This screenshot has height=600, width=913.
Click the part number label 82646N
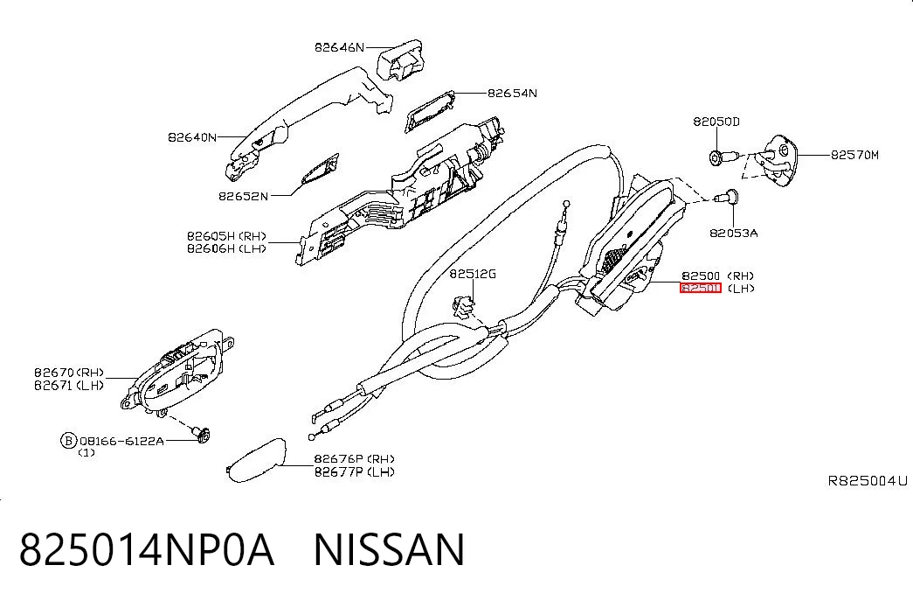click(x=340, y=47)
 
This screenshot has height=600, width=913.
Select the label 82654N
click(x=512, y=93)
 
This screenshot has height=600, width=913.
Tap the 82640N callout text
click(x=192, y=137)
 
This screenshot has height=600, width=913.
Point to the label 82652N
click(x=244, y=197)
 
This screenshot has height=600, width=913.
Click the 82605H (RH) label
click(x=226, y=236)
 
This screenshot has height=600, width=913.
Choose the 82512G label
click(x=473, y=274)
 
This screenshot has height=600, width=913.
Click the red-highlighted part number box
click(x=701, y=288)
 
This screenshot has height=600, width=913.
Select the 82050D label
click(x=716, y=122)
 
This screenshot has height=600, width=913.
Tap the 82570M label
click(x=854, y=155)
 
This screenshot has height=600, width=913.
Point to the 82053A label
click(x=734, y=234)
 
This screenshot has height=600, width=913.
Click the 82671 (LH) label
click(x=69, y=386)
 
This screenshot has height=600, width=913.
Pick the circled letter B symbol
click(x=69, y=440)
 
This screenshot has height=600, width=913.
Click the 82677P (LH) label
click(x=355, y=471)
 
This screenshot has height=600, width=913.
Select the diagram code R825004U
click(x=868, y=481)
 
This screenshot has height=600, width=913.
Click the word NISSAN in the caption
click(x=389, y=550)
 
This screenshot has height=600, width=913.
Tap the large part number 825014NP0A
click(x=147, y=550)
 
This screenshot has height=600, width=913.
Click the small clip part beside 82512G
click(x=463, y=306)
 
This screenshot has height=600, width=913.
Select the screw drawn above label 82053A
click(x=727, y=197)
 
